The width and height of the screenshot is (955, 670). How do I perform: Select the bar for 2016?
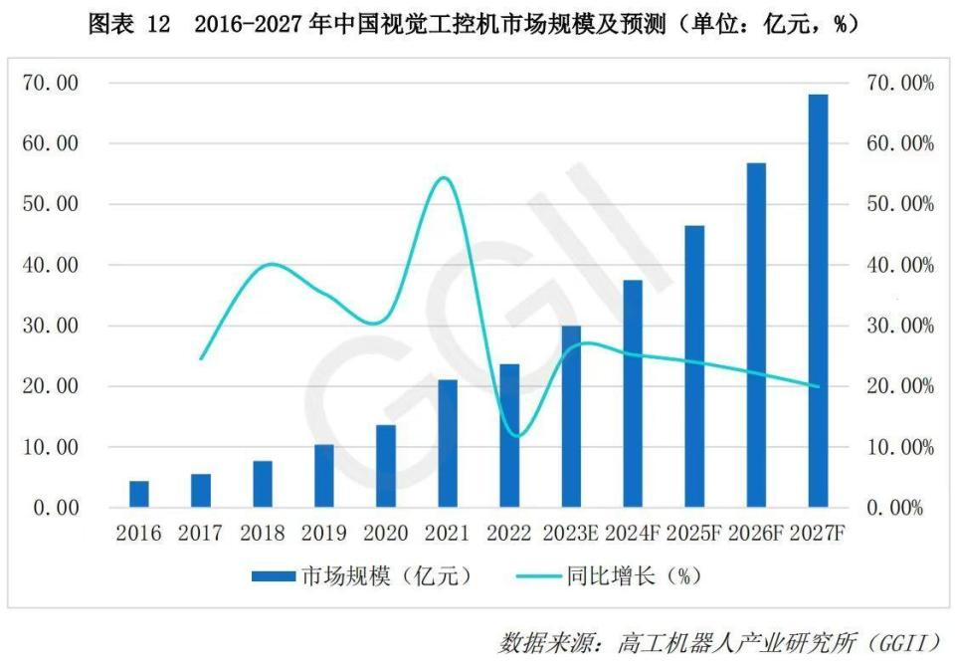[x=139, y=495]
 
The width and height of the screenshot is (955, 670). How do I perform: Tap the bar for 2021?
[x=448, y=444]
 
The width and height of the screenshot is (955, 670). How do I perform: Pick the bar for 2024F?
[x=633, y=394]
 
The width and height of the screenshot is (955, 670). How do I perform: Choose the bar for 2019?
[x=324, y=476]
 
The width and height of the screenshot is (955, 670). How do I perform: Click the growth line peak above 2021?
[x=444, y=178]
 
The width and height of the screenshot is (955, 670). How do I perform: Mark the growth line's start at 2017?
[x=201, y=358]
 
